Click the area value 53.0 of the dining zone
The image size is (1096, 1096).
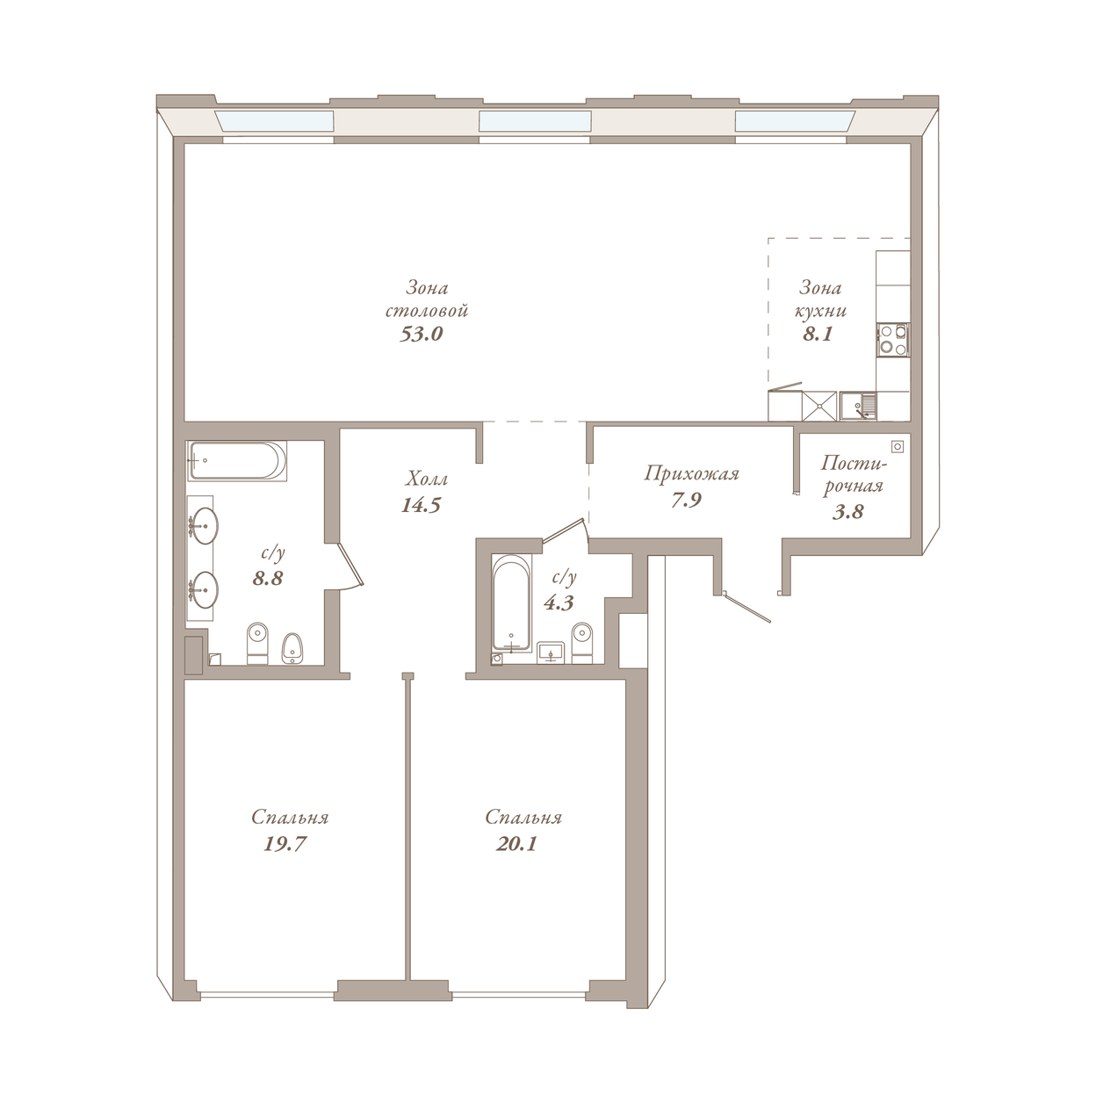click(x=421, y=334)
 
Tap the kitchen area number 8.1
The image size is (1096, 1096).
click(x=818, y=334)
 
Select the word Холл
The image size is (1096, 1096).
click(x=426, y=479)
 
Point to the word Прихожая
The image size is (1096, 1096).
click(x=691, y=473)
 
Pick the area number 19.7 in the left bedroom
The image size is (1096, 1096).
click(x=285, y=844)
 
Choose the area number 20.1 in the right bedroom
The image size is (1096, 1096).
click(x=516, y=844)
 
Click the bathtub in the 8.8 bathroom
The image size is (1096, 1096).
click(x=237, y=460)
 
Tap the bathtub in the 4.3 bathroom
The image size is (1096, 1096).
click(x=512, y=602)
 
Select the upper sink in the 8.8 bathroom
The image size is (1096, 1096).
click(x=203, y=525)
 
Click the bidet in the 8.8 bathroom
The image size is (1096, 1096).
click(x=293, y=648)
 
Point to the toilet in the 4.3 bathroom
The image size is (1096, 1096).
click(x=582, y=643)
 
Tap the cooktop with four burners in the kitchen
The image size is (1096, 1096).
click(x=893, y=340)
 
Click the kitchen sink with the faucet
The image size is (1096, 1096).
click(x=858, y=406)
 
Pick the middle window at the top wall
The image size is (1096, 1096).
click(x=535, y=121)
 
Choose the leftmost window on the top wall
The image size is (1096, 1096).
click(x=274, y=121)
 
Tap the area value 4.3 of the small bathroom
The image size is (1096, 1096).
click(x=559, y=602)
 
